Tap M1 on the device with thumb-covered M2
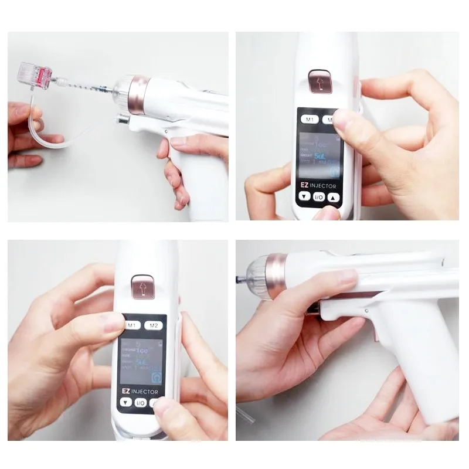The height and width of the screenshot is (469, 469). pyautogui.click(x=310, y=120)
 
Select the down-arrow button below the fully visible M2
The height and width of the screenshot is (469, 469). pyautogui.click(x=126, y=403)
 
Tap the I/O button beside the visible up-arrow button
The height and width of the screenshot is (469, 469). pyautogui.click(x=320, y=198)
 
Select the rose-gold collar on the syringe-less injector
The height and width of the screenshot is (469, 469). pyautogui.click(x=274, y=276)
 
